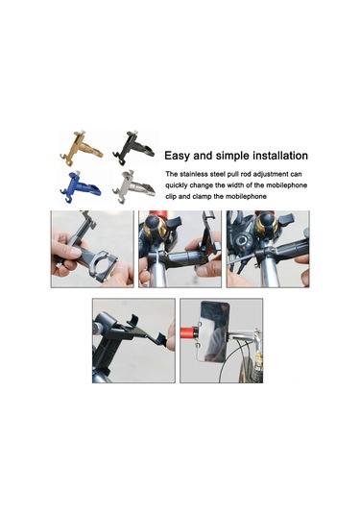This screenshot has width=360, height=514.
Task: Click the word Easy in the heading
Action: [180, 155]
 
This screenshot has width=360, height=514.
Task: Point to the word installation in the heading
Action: [274, 155]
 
